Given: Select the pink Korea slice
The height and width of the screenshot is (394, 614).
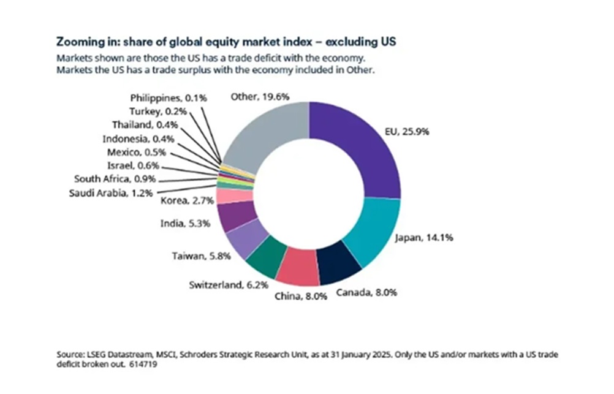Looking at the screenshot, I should click(x=226, y=196).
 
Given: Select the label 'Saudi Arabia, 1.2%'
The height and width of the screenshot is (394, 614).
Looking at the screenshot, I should click(x=113, y=193).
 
